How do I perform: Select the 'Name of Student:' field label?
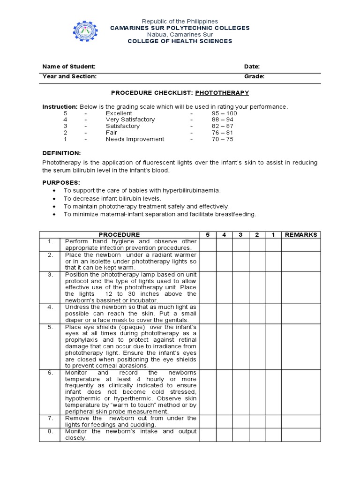point(69,67)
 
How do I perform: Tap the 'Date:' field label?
point(252,67)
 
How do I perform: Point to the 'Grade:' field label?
point(254,76)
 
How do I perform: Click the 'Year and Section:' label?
point(69,76)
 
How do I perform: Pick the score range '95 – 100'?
point(224,113)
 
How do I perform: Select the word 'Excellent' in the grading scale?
point(119,113)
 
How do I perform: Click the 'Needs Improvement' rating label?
point(135,139)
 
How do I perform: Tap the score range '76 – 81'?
point(222,133)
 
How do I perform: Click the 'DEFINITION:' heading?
point(61,153)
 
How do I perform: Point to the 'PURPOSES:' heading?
point(61,182)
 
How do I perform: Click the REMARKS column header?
point(301,235)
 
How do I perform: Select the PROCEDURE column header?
point(119,235)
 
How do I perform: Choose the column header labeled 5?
point(208,235)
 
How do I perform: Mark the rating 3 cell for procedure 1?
point(240,245)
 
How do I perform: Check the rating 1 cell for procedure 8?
point(272,435)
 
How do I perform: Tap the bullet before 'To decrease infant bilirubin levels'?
point(55,199)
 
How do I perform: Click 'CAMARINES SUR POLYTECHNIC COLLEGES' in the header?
point(180,28)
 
